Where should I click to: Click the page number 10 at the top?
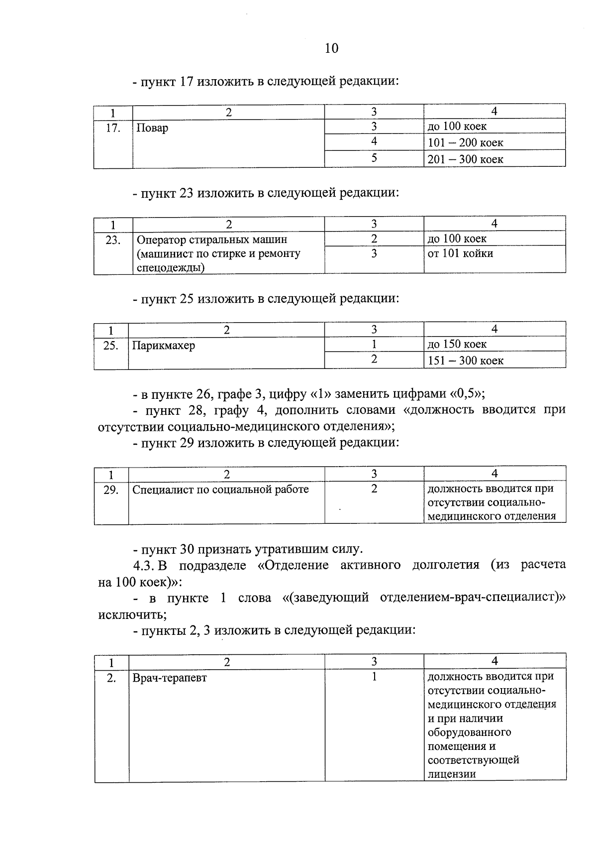[x=331, y=48]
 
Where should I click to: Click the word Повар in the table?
[x=152, y=128]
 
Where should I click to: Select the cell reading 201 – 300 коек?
[x=466, y=159]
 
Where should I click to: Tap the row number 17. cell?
[x=113, y=128]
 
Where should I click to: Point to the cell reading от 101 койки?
[x=460, y=253]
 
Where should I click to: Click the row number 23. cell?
[x=113, y=240]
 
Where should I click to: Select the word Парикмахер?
[x=164, y=345]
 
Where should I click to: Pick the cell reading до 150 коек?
[x=457, y=344]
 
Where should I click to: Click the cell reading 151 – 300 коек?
[x=466, y=361]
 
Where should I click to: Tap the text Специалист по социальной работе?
[x=220, y=489]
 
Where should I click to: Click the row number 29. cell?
[x=111, y=490]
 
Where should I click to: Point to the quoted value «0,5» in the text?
[x=466, y=394]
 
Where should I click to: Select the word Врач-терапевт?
[x=170, y=678]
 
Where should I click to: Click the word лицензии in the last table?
[x=451, y=774]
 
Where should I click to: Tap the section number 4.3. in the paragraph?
[x=144, y=566]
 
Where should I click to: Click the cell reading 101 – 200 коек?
[x=466, y=143]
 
